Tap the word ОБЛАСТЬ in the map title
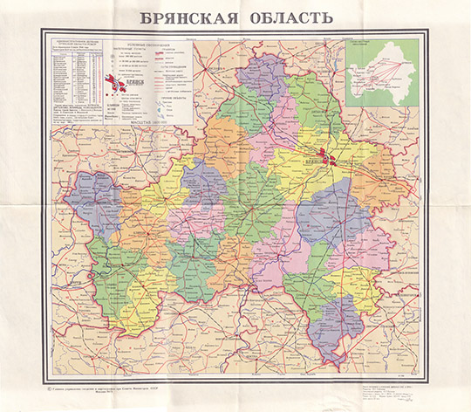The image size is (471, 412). point(290,17)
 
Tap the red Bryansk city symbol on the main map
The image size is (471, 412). point(325,158)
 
